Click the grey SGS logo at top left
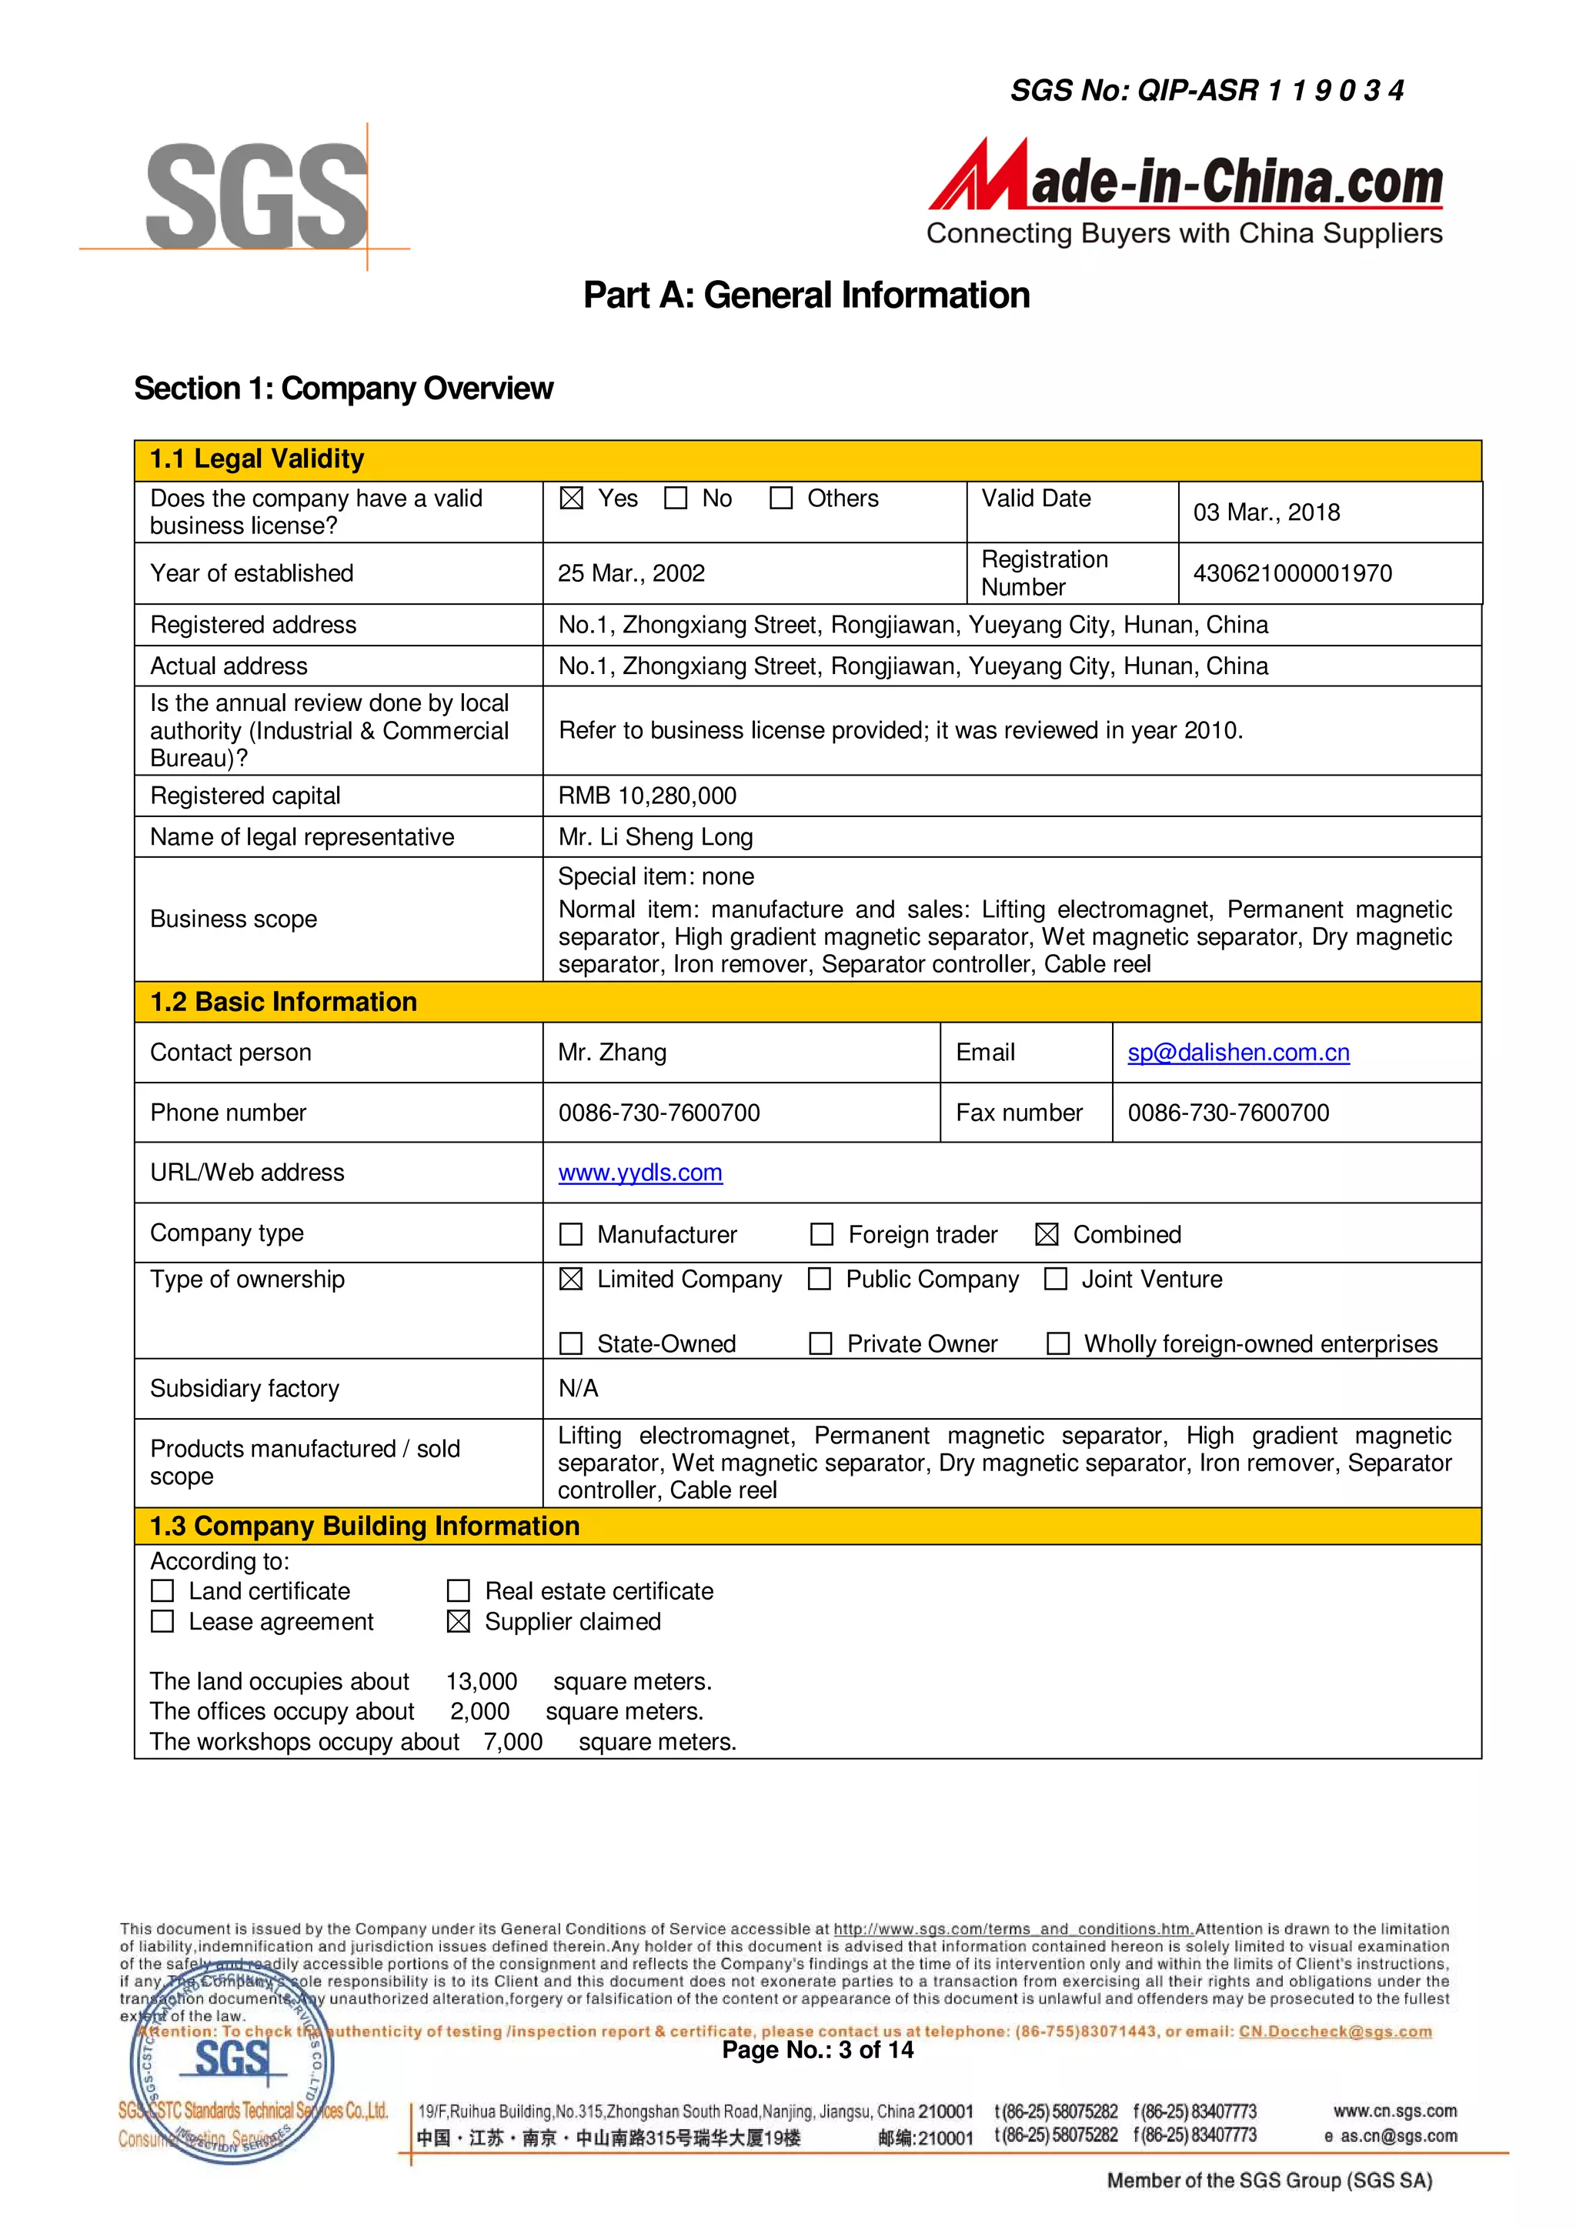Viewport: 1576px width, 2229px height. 256,195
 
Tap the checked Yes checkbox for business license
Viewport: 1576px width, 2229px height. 572,498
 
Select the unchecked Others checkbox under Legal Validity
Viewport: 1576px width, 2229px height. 781,498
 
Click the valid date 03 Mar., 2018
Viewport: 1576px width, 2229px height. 1266,512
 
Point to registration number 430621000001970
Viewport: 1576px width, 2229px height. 1291,574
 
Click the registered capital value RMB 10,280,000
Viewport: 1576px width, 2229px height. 646,796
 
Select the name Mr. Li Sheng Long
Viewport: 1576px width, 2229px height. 656,837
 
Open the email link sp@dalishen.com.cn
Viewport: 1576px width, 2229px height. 1238,1053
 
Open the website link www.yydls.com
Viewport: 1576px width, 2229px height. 640,1173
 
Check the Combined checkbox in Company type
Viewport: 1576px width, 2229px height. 1046,1235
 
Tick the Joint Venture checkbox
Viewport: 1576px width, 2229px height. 1056,1280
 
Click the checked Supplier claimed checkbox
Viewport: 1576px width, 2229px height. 459,1622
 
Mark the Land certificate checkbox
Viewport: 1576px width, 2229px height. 163,1591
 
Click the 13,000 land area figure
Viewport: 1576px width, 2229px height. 482,1681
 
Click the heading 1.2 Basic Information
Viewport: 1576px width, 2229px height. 283,1002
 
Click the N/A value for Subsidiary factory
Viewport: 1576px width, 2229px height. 578,1390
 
